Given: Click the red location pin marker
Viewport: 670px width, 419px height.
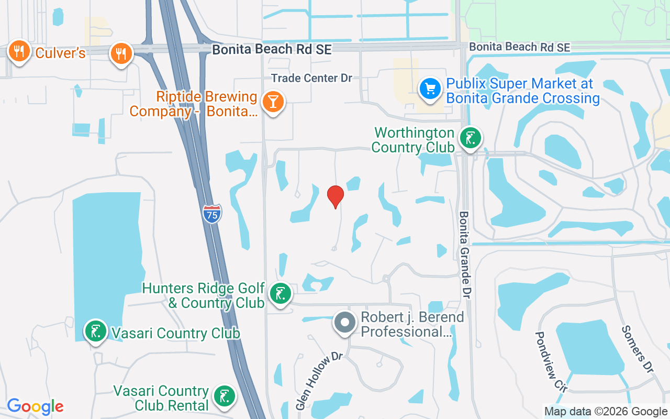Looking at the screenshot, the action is [x=336, y=196].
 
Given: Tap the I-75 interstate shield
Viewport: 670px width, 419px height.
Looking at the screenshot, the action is [x=212, y=214].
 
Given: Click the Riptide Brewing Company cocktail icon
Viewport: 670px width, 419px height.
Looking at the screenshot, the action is [x=273, y=101].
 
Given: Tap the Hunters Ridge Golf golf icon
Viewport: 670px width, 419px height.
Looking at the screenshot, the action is [x=281, y=294].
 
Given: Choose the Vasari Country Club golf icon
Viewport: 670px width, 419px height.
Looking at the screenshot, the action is [x=96, y=332].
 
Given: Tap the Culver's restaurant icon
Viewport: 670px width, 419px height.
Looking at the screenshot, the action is [x=19, y=52].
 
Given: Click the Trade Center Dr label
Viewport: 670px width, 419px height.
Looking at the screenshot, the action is [x=312, y=78].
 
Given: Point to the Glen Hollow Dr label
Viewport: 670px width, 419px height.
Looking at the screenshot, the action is [x=319, y=381].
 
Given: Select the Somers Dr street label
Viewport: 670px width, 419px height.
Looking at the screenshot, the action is [x=638, y=349].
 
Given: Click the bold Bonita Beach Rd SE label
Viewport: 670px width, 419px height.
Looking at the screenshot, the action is [x=272, y=49].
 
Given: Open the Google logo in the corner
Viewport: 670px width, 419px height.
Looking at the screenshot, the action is [x=35, y=406].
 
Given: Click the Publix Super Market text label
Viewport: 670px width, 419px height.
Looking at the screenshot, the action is [x=522, y=91].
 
